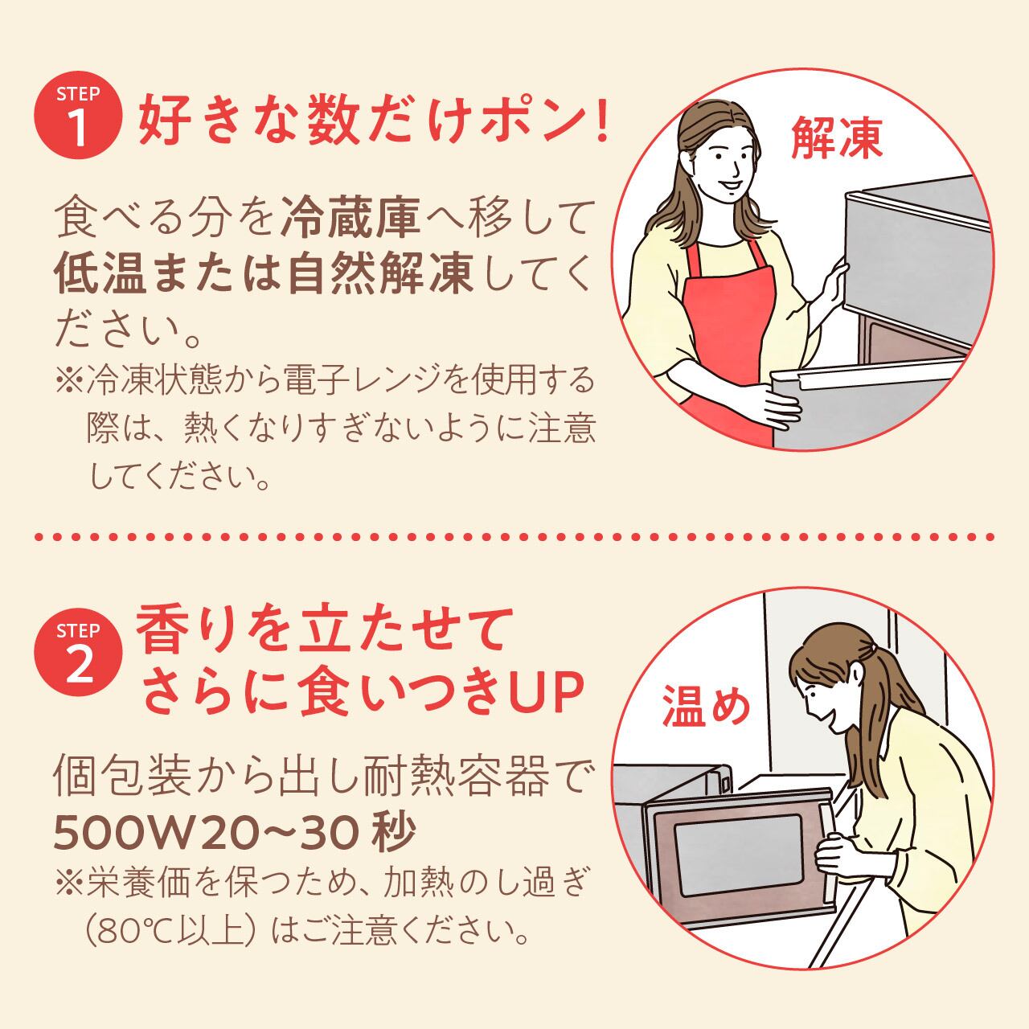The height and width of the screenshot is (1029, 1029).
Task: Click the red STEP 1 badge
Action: point(79,115)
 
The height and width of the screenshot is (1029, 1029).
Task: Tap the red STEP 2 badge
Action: point(79,653)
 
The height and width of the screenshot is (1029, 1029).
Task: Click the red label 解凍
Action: point(836,137)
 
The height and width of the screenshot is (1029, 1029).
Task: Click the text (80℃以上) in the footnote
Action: point(170,932)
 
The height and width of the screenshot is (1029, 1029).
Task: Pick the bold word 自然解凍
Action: point(380,276)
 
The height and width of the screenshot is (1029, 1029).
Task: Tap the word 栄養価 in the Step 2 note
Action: point(138,883)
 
